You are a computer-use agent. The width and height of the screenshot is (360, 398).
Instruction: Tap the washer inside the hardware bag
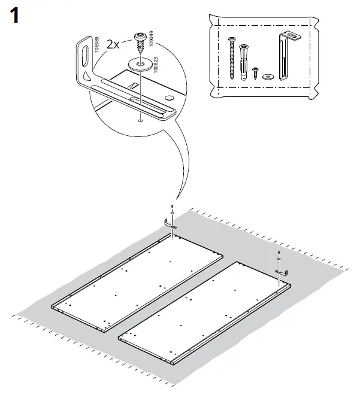[267, 75]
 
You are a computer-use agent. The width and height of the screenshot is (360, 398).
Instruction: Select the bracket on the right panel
[282, 272]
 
